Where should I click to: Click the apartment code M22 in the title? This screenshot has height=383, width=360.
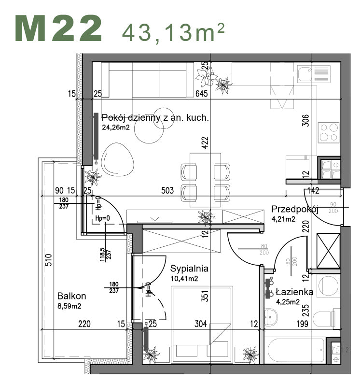click(x=59, y=28)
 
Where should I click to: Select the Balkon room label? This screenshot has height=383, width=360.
click(x=71, y=296)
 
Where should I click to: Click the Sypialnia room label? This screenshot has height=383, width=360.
click(x=189, y=269)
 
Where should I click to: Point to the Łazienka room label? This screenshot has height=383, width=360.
click(x=294, y=292)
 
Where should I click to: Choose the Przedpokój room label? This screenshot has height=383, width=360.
click(x=295, y=209)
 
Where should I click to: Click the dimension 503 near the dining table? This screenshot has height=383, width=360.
click(x=167, y=191)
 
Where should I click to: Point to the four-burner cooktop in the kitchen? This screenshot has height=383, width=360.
click(x=329, y=132)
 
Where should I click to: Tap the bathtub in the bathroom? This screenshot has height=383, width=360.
click(x=294, y=349)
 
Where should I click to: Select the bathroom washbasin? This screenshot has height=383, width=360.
click(x=271, y=316)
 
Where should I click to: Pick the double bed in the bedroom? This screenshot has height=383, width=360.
click(x=201, y=324)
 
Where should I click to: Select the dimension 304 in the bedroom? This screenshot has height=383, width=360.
click(x=201, y=324)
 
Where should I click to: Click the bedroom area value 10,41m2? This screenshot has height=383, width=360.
click(x=185, y=279)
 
